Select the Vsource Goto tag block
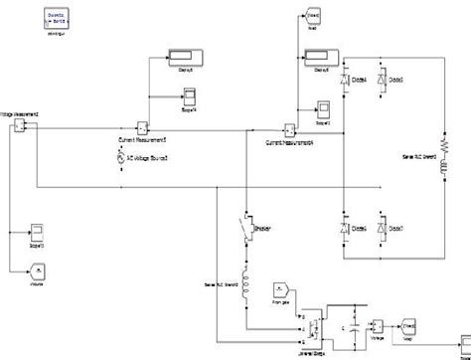coord(36,270)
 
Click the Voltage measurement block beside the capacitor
coord(378,327)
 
